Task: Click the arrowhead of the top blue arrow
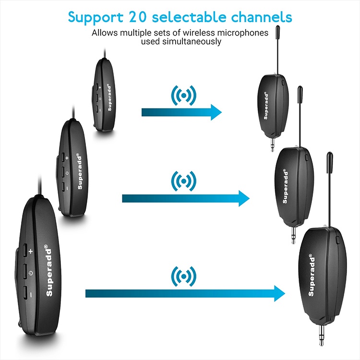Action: click(x=216, y=112)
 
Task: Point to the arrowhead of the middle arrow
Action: click(x=244, y=198)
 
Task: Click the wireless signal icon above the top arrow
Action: click(x=183, y=96)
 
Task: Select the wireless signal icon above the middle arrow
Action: click(x=183, y=181)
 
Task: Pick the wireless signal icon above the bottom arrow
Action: click(x=183, y=276)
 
